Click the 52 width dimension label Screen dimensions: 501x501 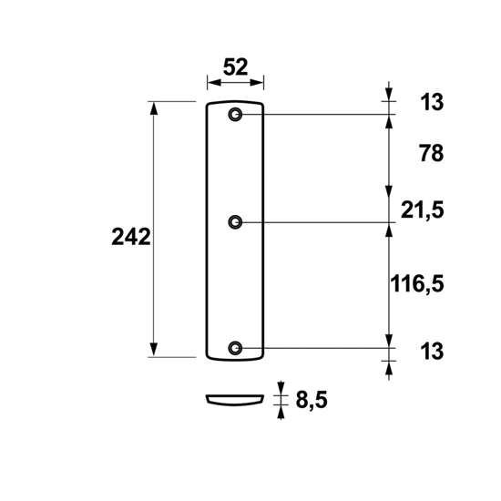pos(236,67)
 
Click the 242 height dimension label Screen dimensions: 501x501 pos(131,237)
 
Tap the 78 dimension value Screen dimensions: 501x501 pos(432,153)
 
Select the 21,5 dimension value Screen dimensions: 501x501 pos(423,210)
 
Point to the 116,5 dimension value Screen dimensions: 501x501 pos(417,283)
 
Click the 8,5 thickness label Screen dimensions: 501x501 pos(312,400)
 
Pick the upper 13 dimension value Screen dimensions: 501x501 pos(432,102)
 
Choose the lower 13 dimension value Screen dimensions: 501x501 pos(432,351)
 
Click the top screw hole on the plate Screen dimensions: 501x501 pos(235,115)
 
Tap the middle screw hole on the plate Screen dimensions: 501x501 pos(235,222)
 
